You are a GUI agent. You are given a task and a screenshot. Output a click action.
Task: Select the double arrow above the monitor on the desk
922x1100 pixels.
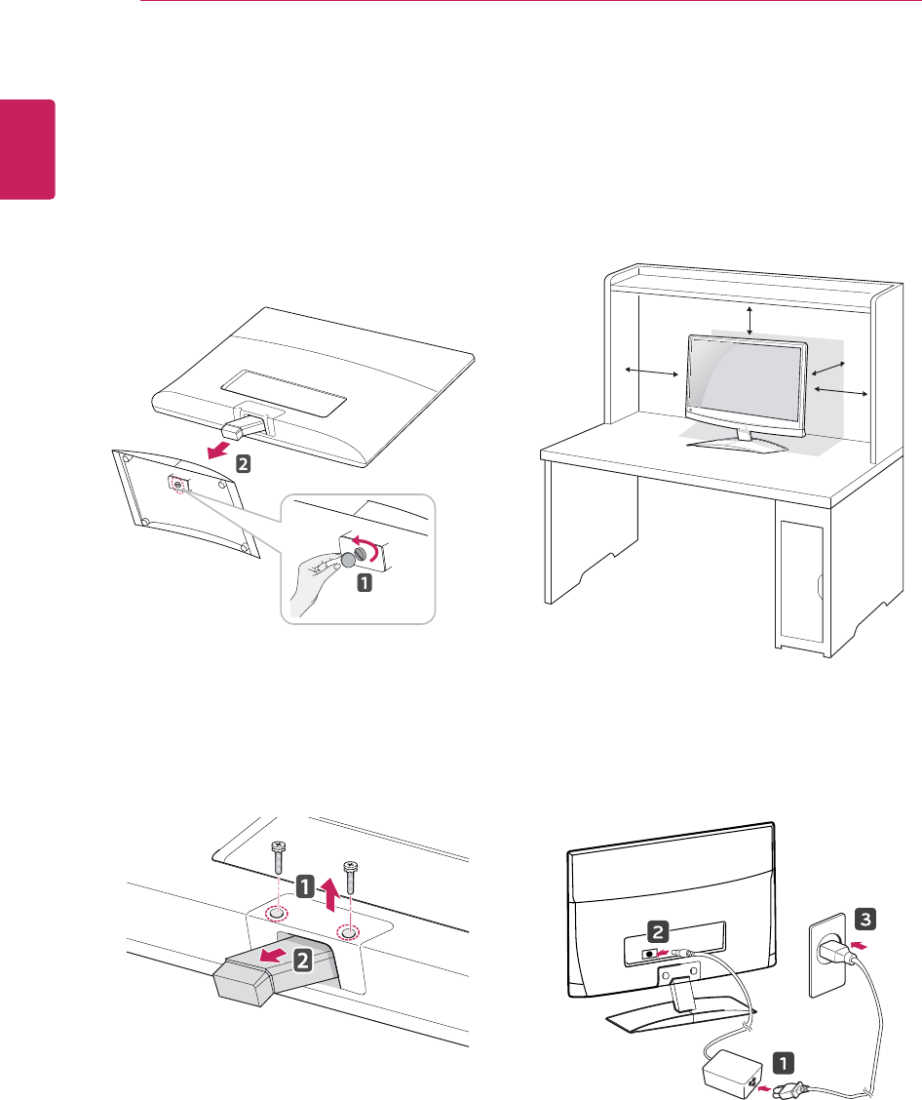(749, 320)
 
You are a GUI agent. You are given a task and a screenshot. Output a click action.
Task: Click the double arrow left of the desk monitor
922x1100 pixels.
(652, 373)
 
